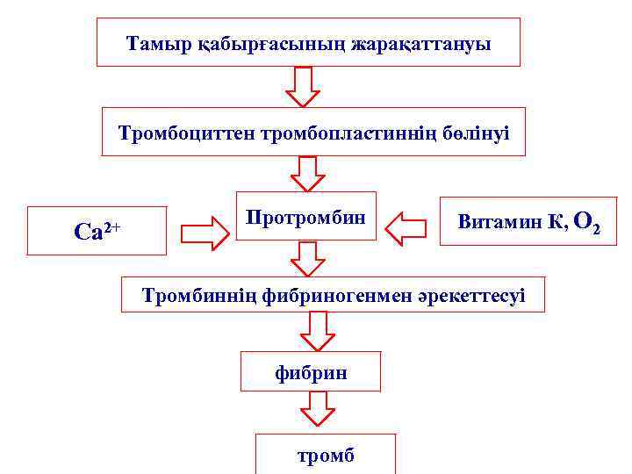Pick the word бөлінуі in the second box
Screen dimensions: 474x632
[478, 133]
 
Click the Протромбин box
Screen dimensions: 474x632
[305, 216]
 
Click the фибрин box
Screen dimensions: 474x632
[311, 373]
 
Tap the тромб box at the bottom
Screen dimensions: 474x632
[326, 456]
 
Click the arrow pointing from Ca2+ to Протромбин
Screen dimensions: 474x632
[204, 233]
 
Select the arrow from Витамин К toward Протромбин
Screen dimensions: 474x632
[406, 227]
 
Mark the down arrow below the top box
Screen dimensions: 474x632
[302, 87]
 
